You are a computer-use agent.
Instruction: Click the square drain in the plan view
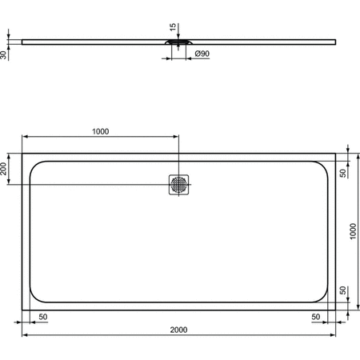point(179,184)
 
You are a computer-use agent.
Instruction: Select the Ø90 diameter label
point(202,54)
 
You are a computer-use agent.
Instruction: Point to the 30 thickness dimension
point(6,54)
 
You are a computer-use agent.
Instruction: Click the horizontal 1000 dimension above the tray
point(100,132)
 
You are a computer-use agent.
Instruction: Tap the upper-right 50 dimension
point(342,173)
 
